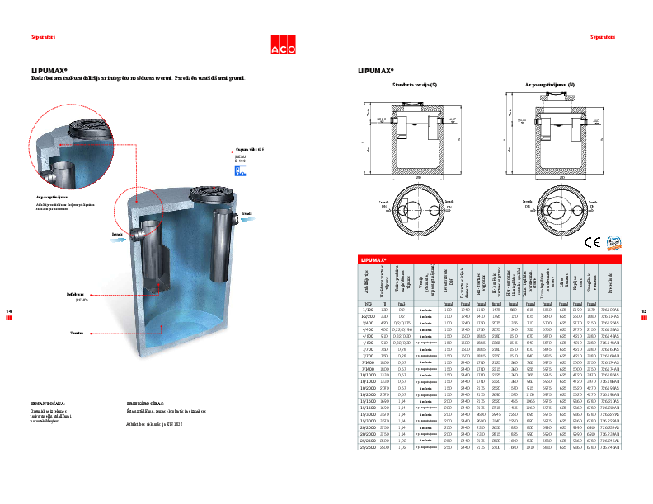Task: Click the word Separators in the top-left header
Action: [x=21, y=38]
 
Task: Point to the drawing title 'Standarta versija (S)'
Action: [x=416, y=85]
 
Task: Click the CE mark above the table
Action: [x=592, y=242]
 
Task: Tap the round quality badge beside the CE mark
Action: [x=613, y=241]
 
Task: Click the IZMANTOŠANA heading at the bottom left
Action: [x=25, y=404]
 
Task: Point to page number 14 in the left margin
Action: [x=9, y=310]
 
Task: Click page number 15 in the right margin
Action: [x=643, y=310]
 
